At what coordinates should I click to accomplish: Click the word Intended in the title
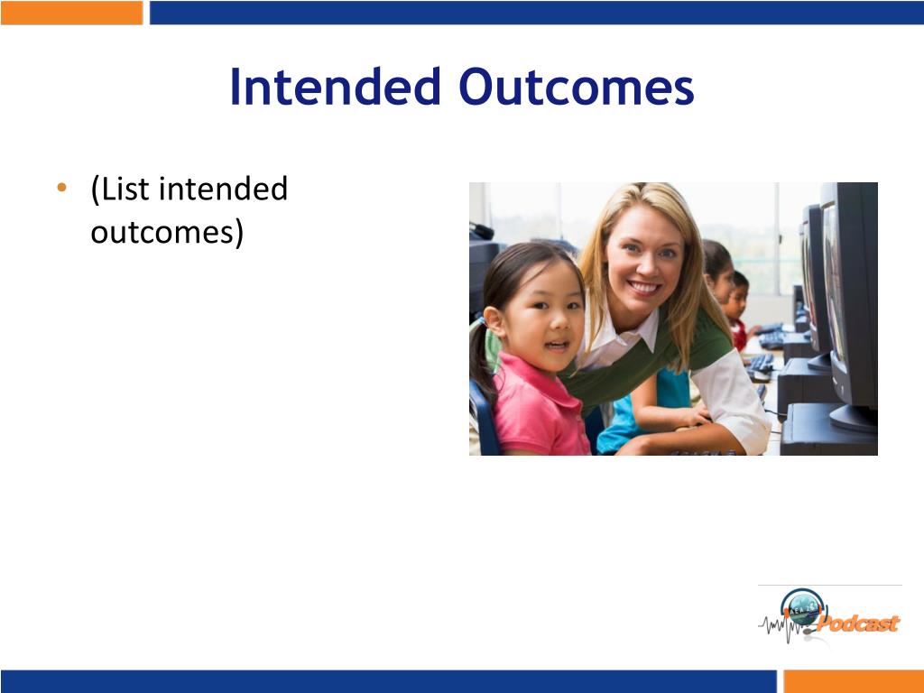(336, 87)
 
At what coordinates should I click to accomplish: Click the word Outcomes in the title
(577, 87)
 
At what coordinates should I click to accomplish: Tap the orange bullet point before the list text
(62, 188)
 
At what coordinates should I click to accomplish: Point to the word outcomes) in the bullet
(167, 232)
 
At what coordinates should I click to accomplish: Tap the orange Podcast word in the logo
(859, 623)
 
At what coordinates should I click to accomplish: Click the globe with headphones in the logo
(802, 608)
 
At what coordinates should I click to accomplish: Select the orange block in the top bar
(72, 13)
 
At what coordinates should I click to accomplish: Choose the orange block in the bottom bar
(854, 681)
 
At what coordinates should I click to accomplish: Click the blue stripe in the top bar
(536, 13)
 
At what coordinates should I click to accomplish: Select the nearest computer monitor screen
(834, 282)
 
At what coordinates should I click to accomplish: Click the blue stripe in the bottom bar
(389, 681)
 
